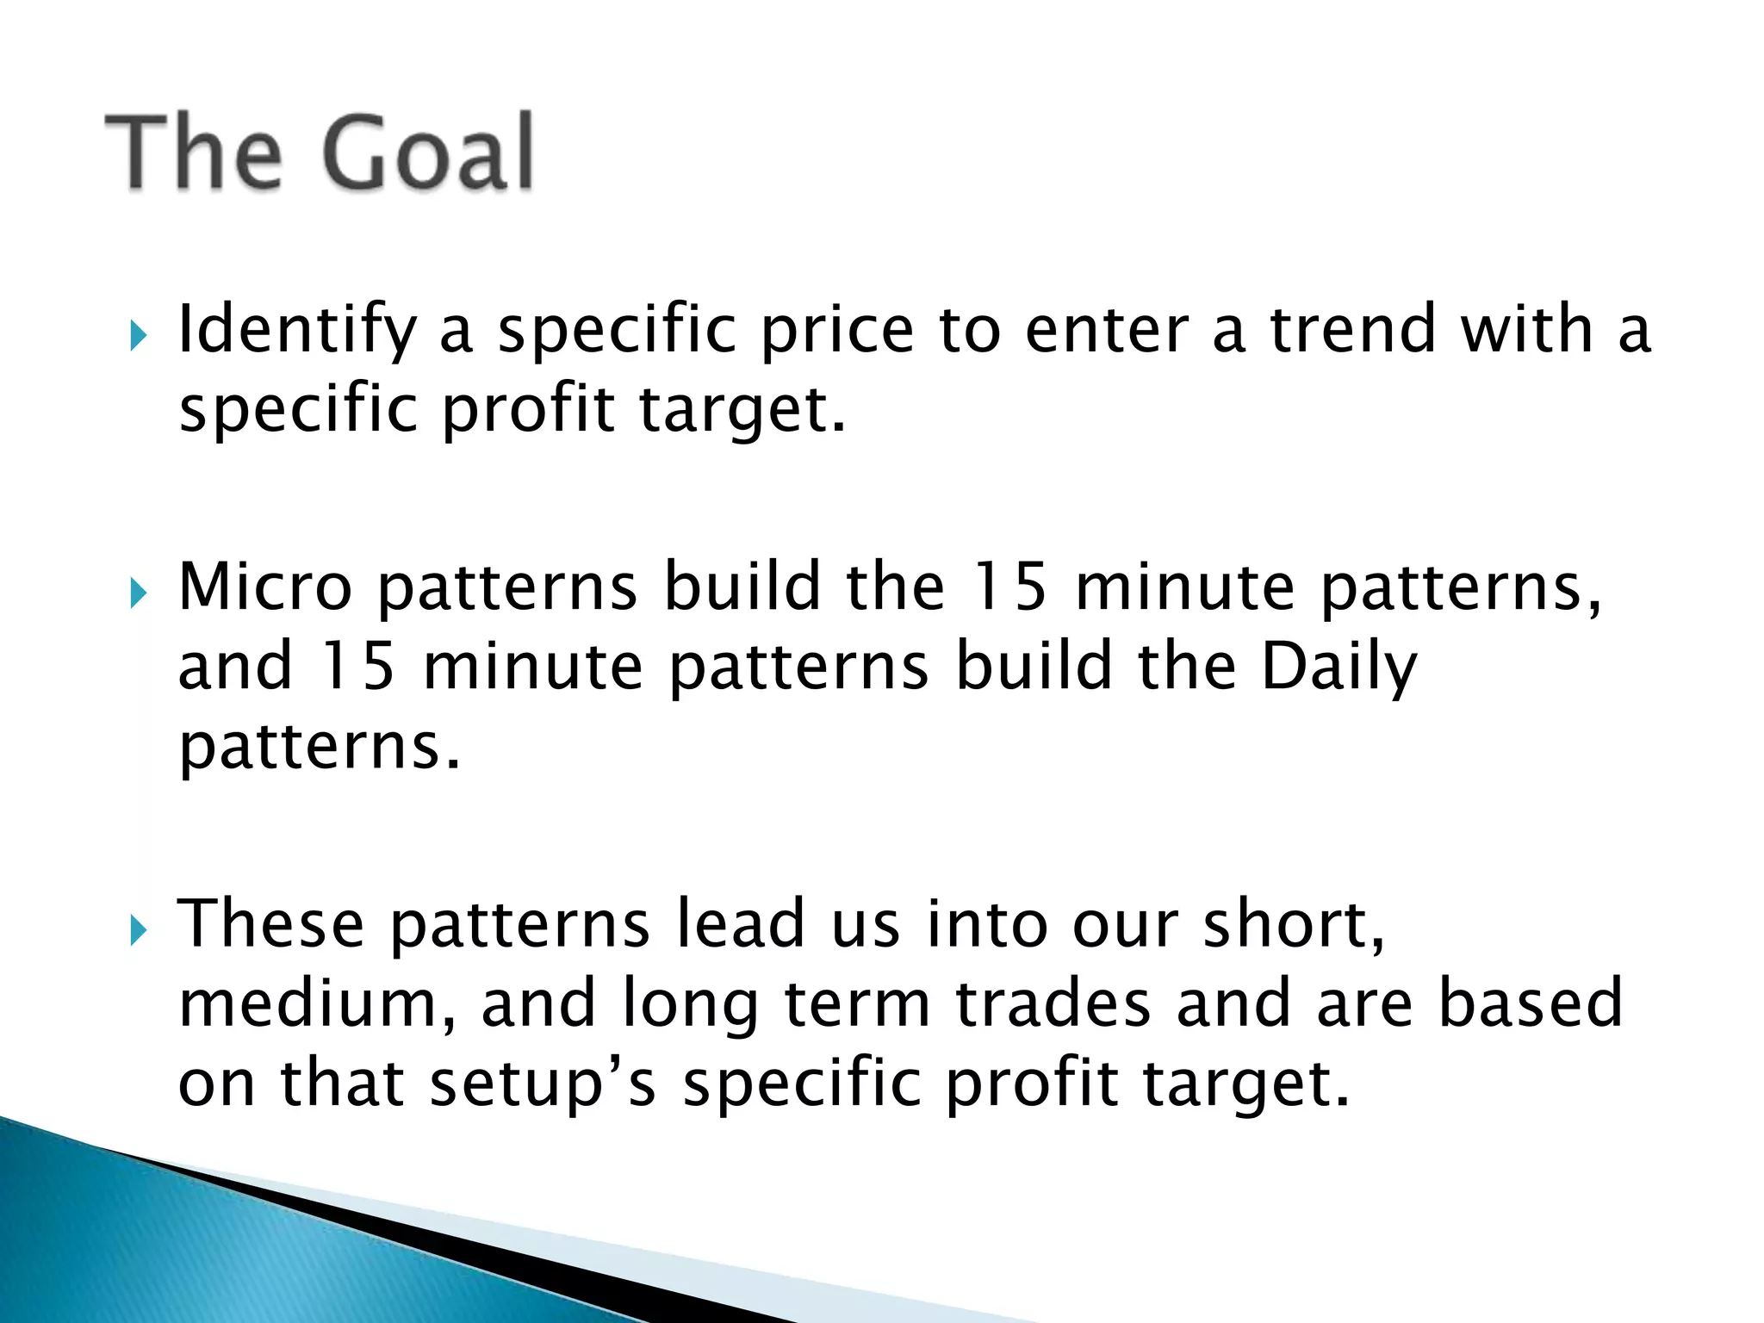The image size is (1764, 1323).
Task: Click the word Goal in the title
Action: [x=428, y=153]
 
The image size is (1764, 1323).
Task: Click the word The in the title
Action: [x=194, y=153]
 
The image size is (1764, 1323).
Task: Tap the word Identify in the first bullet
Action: [x=297, y=332]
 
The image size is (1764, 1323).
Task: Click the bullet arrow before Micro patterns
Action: [x=139, y=593]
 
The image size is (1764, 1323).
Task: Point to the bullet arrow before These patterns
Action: [x=139, y=930]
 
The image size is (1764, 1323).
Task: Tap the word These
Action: [x=271, y=924]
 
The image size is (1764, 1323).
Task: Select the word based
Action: [x=1531, y=1004]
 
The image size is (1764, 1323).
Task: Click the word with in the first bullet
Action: [x=1526, y=330]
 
